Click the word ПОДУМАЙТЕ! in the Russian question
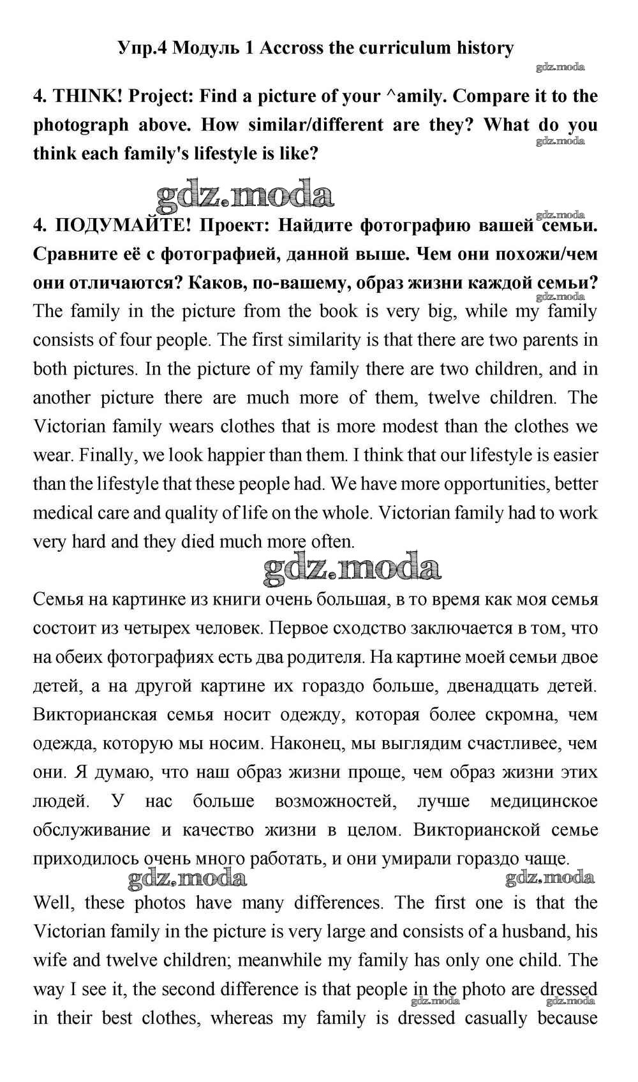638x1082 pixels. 124,225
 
